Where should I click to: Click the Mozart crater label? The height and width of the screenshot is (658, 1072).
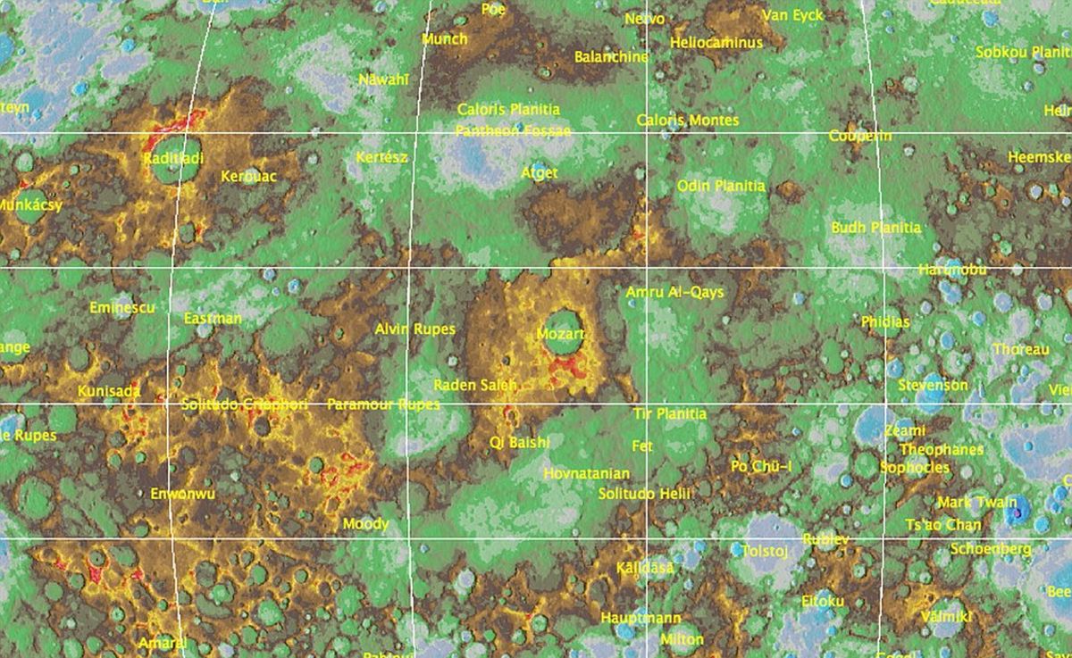560,335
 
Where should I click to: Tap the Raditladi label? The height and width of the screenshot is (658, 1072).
172,158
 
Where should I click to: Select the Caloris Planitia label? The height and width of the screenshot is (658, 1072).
508,110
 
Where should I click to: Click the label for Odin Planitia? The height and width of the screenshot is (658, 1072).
721,186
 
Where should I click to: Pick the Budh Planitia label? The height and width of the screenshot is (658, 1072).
875,228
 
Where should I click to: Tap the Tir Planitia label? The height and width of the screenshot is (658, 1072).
669,413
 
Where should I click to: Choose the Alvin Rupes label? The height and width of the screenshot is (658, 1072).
415,329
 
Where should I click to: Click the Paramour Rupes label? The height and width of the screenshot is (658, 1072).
383,404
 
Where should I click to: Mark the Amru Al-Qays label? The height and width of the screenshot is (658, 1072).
674,292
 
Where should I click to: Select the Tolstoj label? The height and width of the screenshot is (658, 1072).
765,551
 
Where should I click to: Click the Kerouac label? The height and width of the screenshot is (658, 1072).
248,176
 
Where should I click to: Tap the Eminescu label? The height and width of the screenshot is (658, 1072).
122,308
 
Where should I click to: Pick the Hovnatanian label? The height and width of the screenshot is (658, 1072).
586,473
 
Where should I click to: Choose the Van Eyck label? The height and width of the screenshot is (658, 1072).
792,15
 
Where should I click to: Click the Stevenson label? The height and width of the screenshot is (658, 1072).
933,385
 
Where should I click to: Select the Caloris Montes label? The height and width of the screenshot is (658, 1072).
688,120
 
